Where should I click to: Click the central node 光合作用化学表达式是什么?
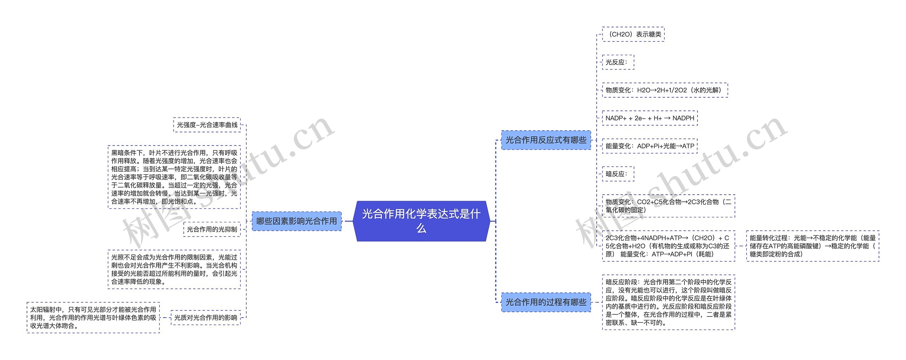pyautogui.click(x=421, y=221)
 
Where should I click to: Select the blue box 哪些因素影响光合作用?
pyautogui.click(x=297, y=221)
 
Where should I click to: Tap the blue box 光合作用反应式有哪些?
pyautogui.click(x=546, y=140)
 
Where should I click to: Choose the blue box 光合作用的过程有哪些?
pyautogui.click(x=546, y=302)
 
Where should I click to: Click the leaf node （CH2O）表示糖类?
pyautogui.click(x=633, y=34)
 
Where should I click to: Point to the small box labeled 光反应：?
pyautogui.click(x=618, y=62)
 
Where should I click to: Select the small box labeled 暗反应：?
pyautogui.click(x=618, y=174)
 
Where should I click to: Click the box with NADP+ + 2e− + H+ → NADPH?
pyautogui.click(x=649, y=118)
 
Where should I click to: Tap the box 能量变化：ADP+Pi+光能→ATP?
pyautogui.click(x=649, y=146)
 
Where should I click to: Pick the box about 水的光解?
pyautogui.click(x=665, y=90)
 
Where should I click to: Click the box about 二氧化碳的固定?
pyautogui.click(x=668, y=206)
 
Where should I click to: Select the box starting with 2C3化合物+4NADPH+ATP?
pyautogui.click(x=668, y=246)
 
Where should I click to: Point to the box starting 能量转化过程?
pyautogui.click(x=813, y=246)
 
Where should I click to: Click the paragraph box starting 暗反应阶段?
pyautogui.click(x=668, y=302)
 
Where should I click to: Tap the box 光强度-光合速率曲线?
pyautogui.click(x=207, y=125)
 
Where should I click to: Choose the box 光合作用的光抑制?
pyautogui.click(x=212, y=229)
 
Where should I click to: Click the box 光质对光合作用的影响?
pyautogui.click(x=206, y=318)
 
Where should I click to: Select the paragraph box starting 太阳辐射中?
pyautogui.click(x=93, y=318)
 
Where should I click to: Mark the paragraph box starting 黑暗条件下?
pyautogui.click(x=174, y=177)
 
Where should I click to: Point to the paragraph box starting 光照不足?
pyautogui.click(x=174, y=269)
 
